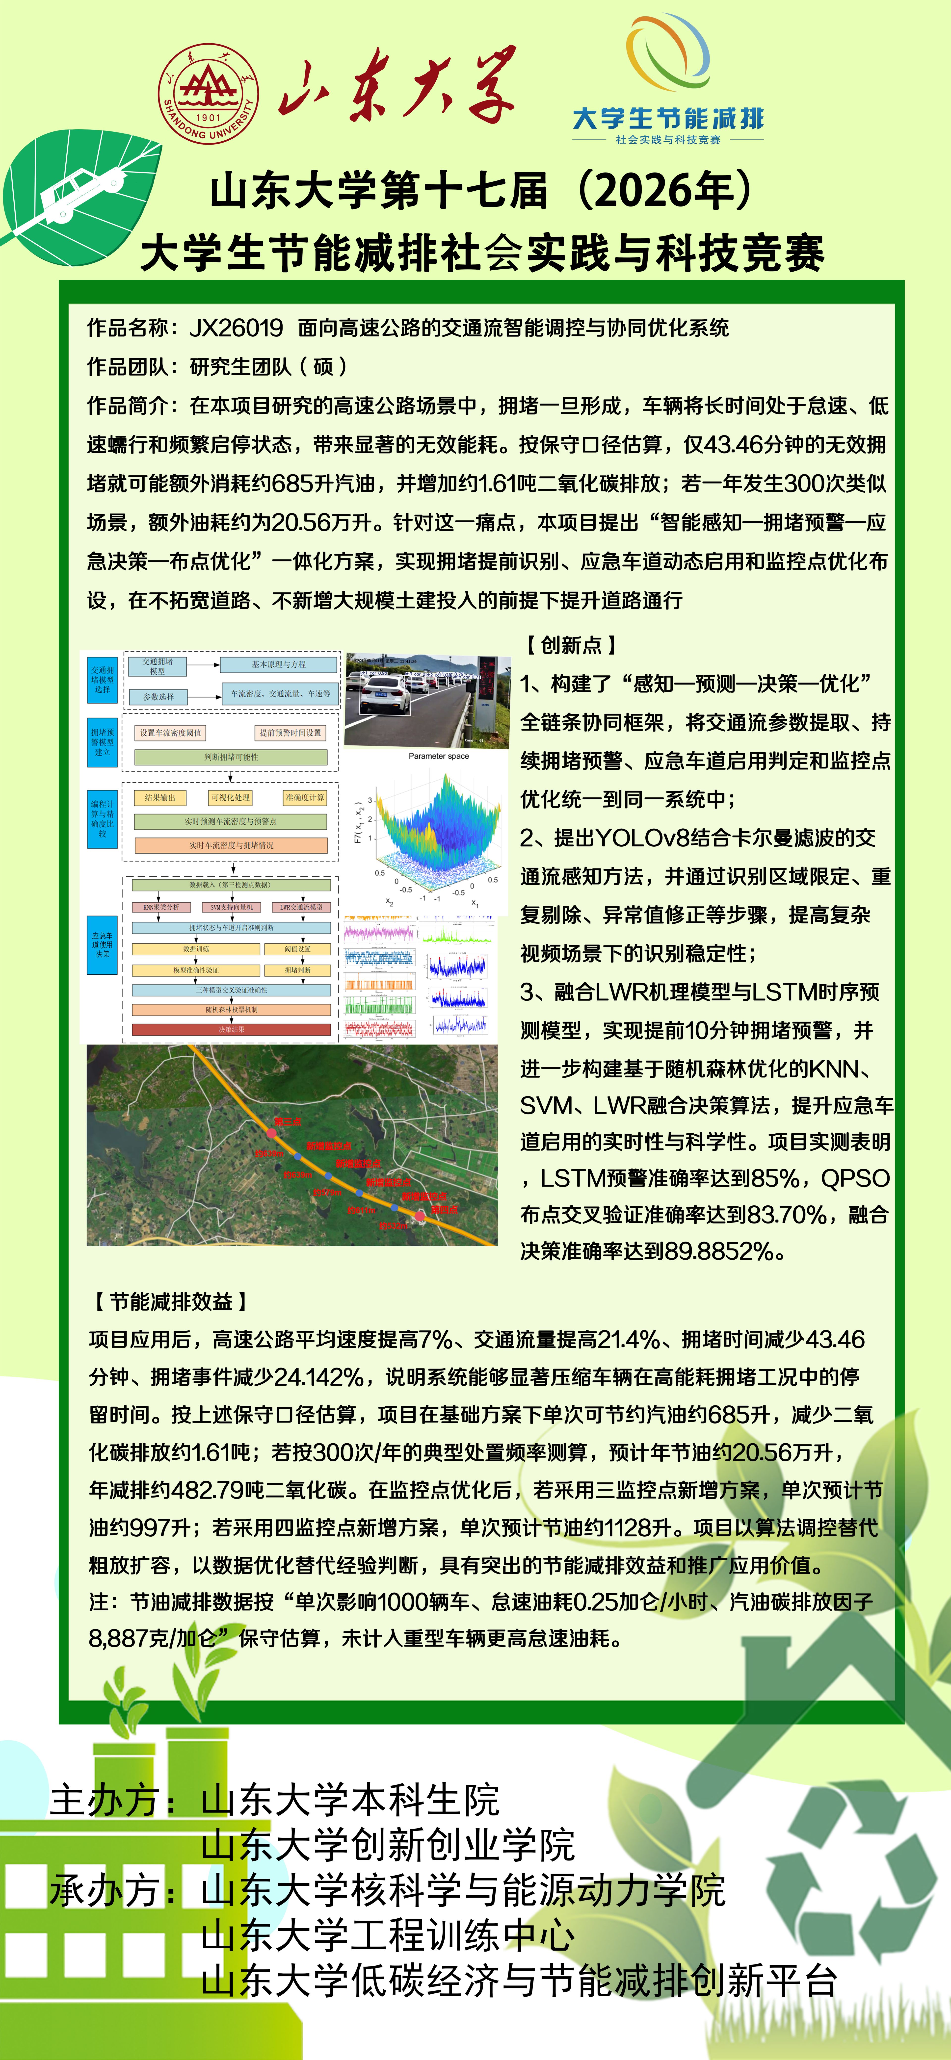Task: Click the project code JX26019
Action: click(x=236, y=327)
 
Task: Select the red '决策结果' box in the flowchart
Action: click(x=231, y=1029)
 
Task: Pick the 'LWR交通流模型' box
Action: click(x=302, y=907)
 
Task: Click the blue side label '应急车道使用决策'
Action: click(x=102, y=944)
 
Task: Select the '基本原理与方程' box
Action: click(x=278, y=664)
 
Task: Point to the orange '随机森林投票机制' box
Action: click(x=231, y=1010)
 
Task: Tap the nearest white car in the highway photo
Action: click(x=385, y=697)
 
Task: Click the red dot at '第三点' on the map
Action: click(x=271, y=1133)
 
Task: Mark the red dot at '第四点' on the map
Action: click(x=420, y=1216)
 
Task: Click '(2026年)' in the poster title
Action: click(x=664, y=191)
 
